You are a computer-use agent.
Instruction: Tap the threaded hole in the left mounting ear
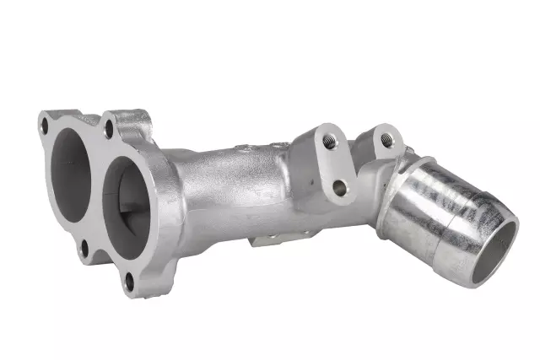tap(329, 142)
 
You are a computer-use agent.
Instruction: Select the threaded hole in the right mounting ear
tap(387, 140)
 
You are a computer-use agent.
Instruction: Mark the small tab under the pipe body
tap(265, 240)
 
